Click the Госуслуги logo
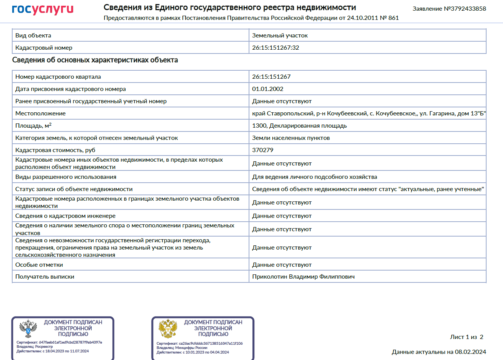pos(42,10)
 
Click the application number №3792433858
pos(449,9)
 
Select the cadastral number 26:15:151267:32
pos(275,48)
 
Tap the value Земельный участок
pos(280,36)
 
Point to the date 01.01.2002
pos(267,89)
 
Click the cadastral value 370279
pos(262,150)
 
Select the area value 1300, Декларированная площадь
pos(299,126)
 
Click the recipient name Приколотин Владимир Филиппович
pos(303,277)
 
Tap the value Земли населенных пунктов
pos(291,138)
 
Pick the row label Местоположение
pos(40,114)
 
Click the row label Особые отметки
pos(39,265)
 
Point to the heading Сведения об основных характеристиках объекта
pos(95,60)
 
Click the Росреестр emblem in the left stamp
pos(28,328)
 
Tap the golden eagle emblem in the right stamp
pos(168,328)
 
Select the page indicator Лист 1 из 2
pos(466,337)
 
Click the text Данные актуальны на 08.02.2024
pos(438,352)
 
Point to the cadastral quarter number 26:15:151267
pos(271,77)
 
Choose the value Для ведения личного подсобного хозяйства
pos(314,177)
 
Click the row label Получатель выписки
pos(45,277)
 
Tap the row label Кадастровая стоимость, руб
pos(55,150)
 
